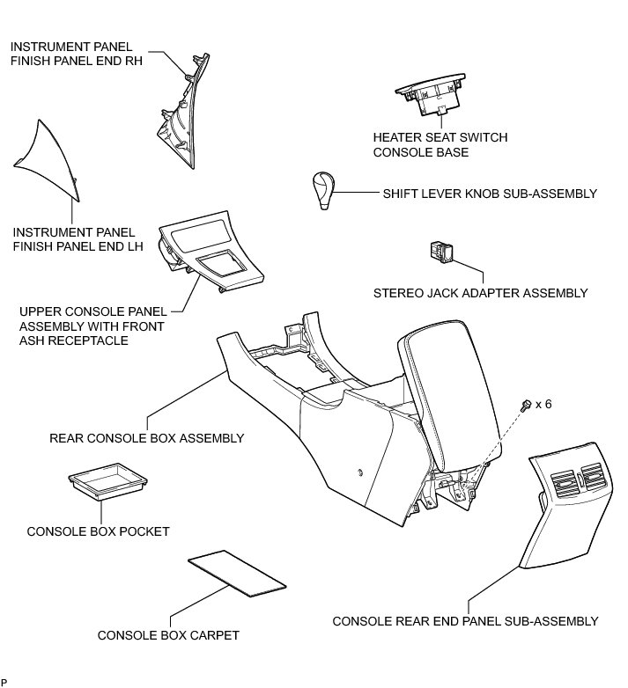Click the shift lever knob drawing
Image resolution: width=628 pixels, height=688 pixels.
click(323, 189)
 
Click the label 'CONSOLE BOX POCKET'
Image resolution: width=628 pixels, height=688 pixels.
click(98, 531)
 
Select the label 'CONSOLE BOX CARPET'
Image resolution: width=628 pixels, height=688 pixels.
click(168, 635)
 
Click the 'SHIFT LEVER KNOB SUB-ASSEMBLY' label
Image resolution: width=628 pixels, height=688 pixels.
click(490, 194)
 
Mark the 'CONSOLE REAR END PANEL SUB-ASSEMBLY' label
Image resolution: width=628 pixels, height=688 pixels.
click(465, 621)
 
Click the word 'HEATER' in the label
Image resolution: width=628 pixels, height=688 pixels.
click(396, 138)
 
